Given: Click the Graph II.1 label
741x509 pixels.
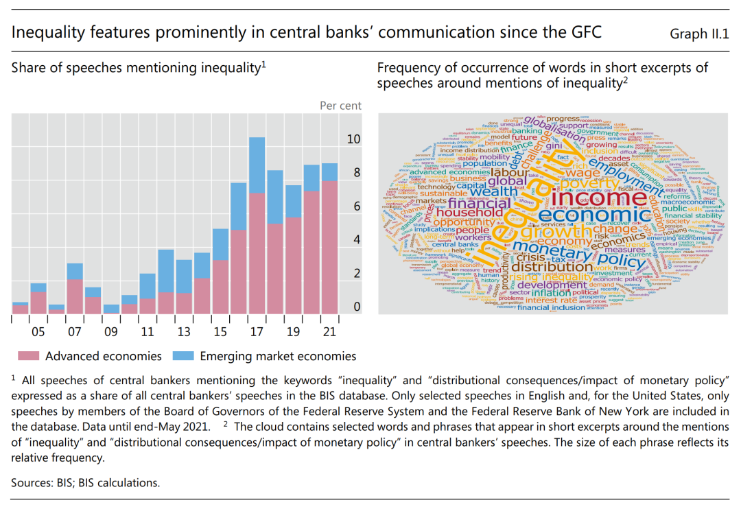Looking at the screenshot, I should pyautogui.click(x=698, y=32).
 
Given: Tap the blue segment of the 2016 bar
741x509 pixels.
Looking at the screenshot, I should pyautogui.click(x=239, y=206).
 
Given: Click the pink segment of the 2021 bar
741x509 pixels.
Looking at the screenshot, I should pyautogui.click(x=329, y=247).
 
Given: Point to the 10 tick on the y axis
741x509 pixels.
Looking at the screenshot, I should pyautogui.click(x=353, y=139).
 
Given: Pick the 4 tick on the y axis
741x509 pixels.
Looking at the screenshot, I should pyautogui.click(x=356, y=240).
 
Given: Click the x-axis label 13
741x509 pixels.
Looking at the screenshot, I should pyautogui.click(x=184, y=332).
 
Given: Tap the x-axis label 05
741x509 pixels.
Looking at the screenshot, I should pyautogui.click(x=38, y=332).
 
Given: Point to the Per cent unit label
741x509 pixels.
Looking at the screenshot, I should pyautogui.click(x=340, y=106).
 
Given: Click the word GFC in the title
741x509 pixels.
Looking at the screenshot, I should pyautogui.click(x=583, y=32).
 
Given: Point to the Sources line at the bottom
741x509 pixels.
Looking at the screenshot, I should pyautogui.click(x=85, y=482).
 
